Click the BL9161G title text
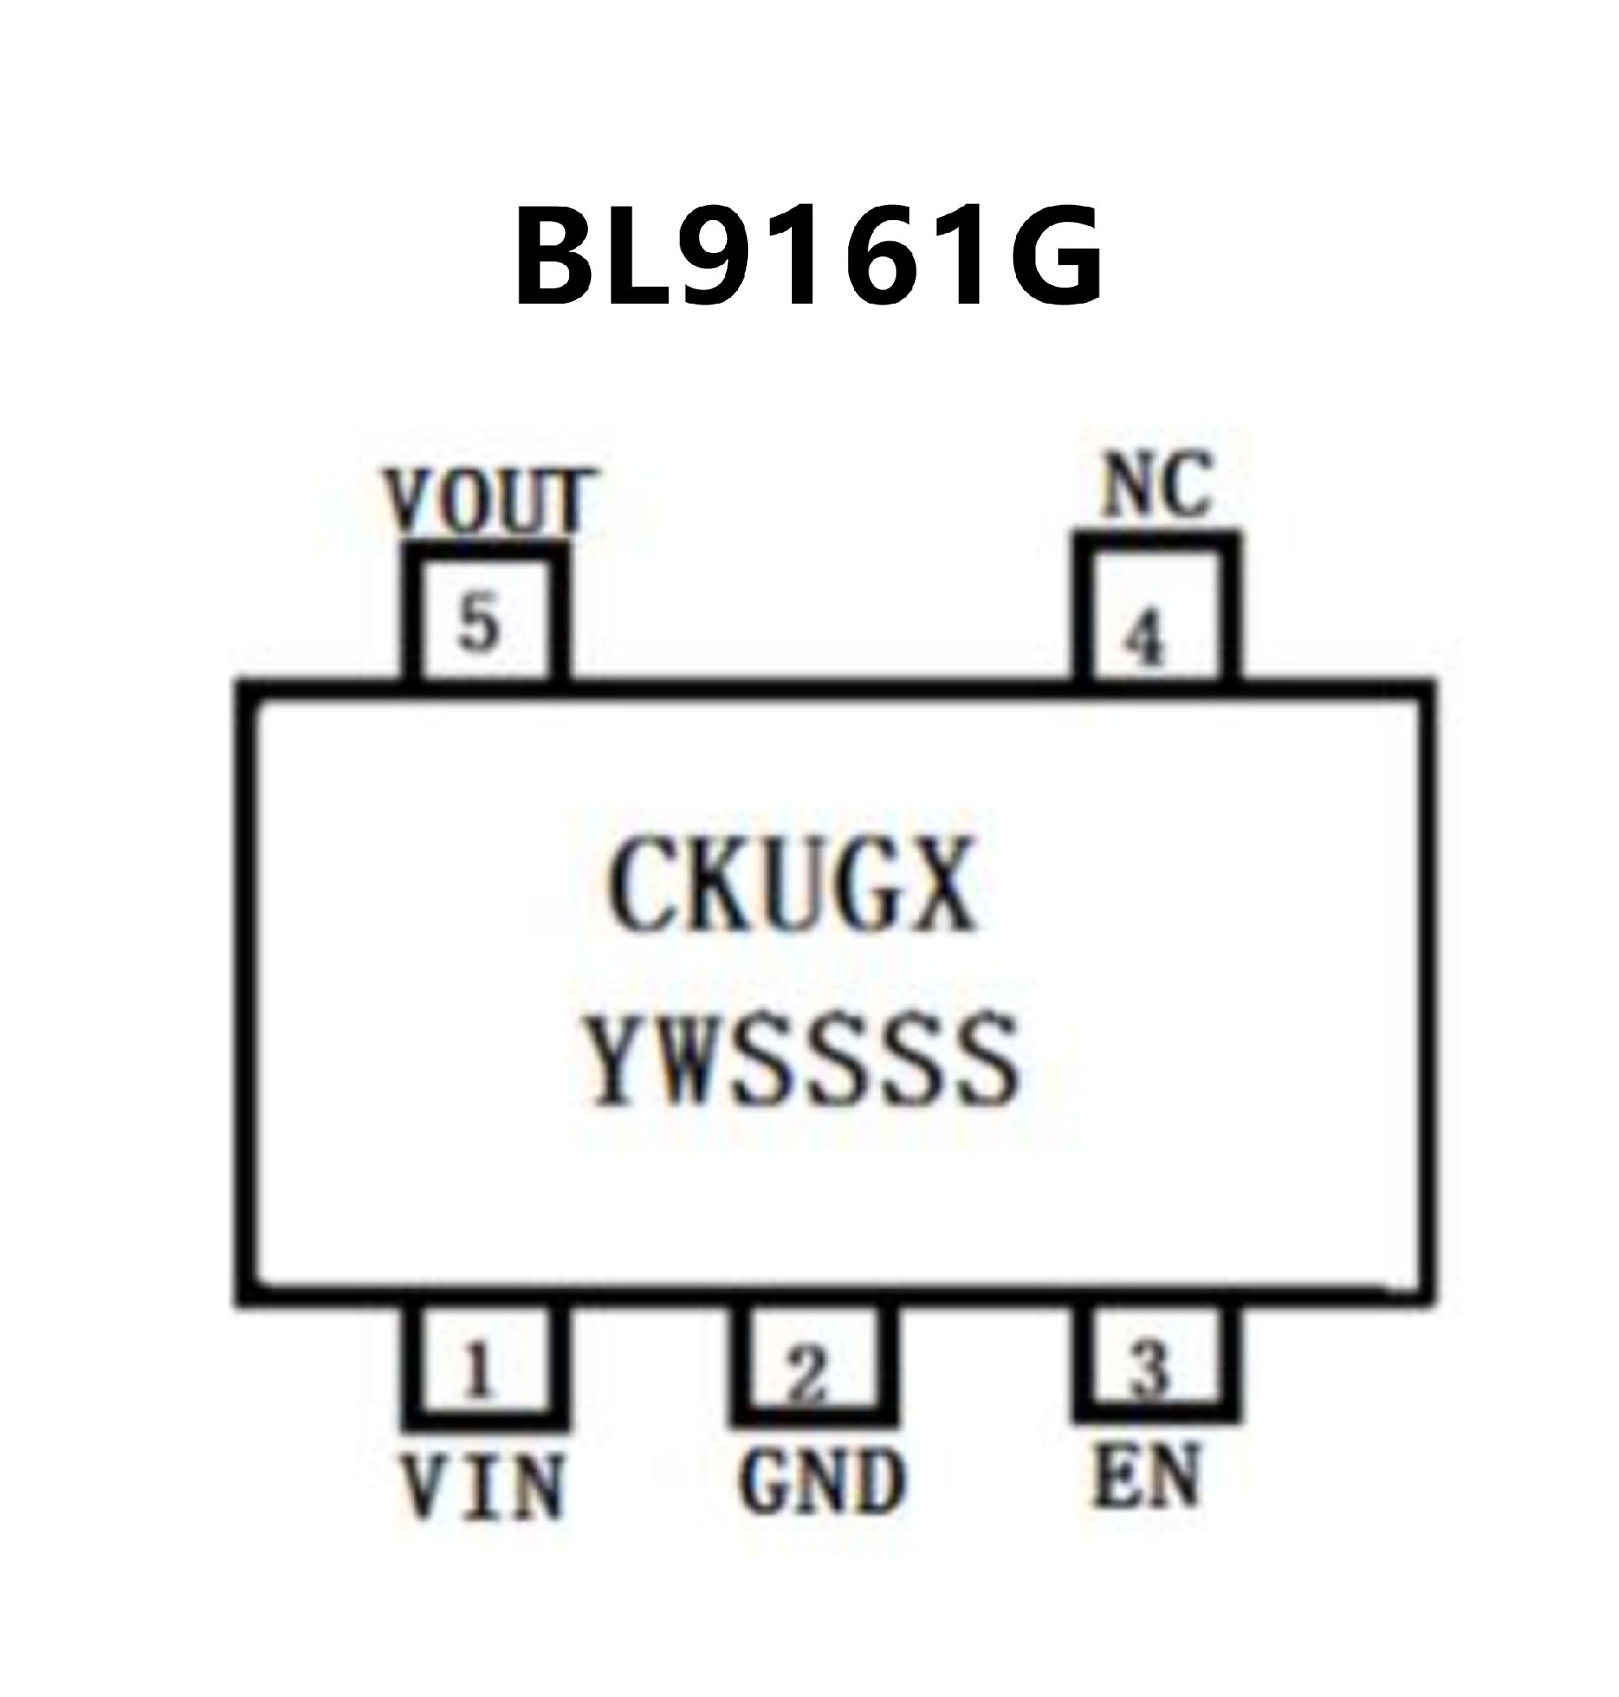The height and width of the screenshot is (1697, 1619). point(809,256)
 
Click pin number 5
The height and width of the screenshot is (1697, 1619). point(479,623)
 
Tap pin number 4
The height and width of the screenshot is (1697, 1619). point(1145,638)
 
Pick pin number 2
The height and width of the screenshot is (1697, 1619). point(808,1373)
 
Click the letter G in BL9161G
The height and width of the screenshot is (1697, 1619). point(1051,257)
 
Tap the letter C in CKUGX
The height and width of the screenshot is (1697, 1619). point(642,883)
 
